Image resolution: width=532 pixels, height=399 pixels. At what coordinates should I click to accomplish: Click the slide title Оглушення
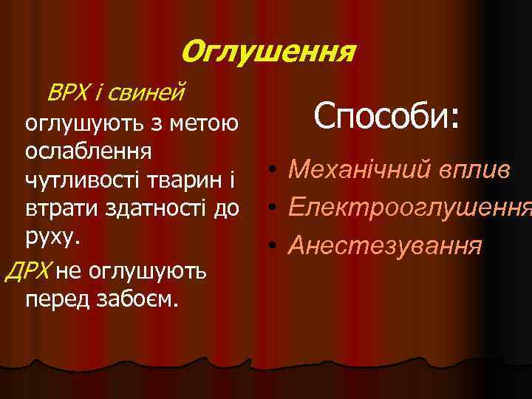(268, 52)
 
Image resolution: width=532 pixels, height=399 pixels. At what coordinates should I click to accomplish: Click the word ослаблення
(89, 150)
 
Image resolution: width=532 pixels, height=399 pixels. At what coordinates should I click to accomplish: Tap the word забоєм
(141, 299)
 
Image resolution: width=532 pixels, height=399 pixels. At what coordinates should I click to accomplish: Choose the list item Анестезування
(385, 244)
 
